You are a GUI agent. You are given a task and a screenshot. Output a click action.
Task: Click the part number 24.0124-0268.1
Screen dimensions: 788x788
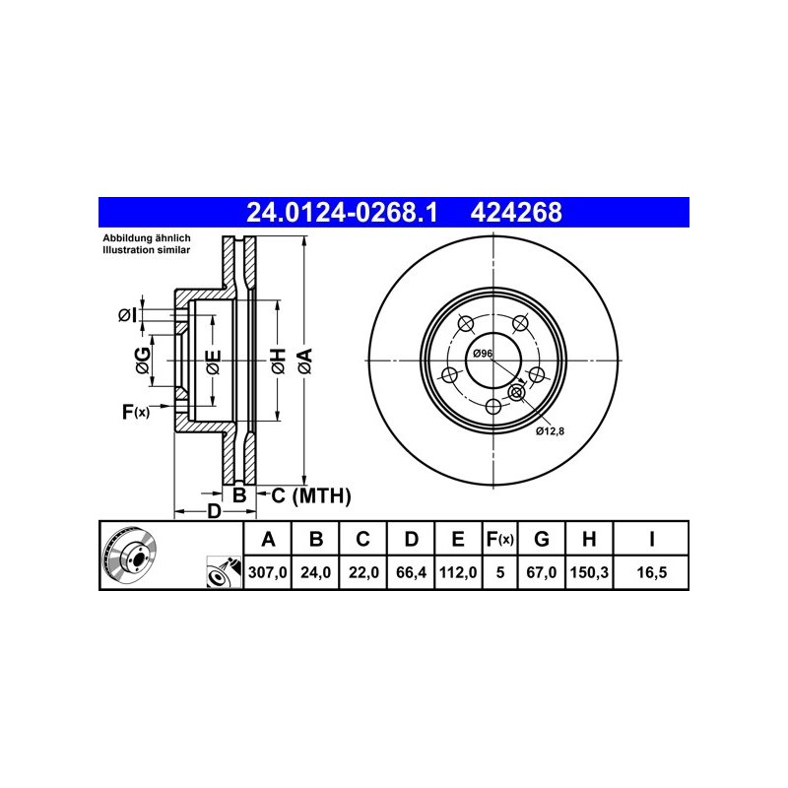[x=342, y=213]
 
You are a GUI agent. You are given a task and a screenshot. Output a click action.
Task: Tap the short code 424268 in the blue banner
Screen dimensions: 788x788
[x=516, y=213]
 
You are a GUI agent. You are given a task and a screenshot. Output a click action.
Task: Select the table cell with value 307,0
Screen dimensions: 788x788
[x=267, y=572]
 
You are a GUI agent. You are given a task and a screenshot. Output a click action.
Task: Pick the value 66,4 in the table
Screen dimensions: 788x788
[x=411, y=572]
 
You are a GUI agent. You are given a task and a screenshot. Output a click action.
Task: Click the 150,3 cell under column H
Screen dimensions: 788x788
[x=589, y=572]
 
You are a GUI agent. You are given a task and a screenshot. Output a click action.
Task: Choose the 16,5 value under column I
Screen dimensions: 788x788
[x=651, y=572]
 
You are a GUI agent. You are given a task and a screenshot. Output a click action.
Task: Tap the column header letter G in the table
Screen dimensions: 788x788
[x=541, y=539]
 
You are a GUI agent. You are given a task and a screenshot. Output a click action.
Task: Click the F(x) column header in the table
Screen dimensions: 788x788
[x=499, y=539]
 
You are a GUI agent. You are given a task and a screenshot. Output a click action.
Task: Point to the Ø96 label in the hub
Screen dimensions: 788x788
[x=483, y=354]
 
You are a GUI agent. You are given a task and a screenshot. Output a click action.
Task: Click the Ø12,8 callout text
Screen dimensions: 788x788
[x=550, y=430]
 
